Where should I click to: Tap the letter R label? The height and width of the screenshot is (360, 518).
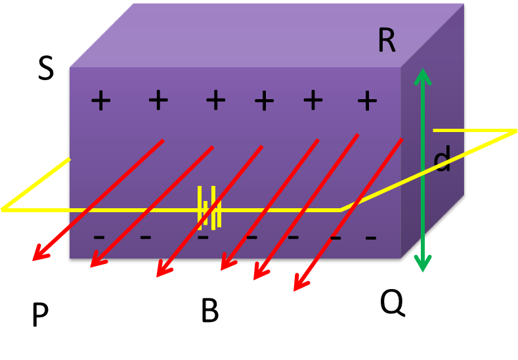point(387,41)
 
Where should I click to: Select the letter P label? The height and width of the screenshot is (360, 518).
point(40,317)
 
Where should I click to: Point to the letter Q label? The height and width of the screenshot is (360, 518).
point(393,303)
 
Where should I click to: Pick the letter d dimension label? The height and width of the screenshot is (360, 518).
point(443,162)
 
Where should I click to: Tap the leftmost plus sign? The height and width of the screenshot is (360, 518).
point(100,101)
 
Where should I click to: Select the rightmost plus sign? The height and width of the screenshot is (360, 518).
point(367,101)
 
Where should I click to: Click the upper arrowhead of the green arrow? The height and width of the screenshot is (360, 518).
point(422,76)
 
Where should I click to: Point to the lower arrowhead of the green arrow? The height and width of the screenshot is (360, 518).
point(423,264)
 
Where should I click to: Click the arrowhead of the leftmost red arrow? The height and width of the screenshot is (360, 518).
point(38,255)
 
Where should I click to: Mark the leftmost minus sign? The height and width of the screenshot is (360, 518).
point(99,236)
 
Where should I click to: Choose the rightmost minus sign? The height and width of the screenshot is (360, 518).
point(371,236)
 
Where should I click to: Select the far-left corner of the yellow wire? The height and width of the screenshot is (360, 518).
point(3,210)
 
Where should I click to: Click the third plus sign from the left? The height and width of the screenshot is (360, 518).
point(215,101)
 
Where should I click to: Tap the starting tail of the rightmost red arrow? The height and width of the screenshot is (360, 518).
point(401,139)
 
